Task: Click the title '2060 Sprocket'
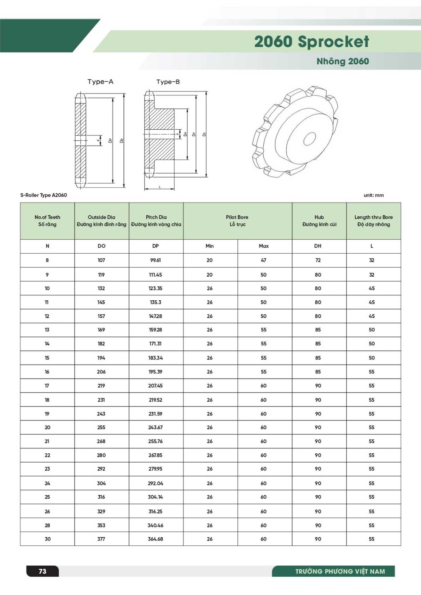coord(311,42)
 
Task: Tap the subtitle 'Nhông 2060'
coord(343,61)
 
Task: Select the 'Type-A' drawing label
coord(100,82)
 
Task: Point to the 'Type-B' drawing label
coord(168,82)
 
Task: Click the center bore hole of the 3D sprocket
coord(310,139)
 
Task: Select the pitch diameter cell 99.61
coord(156,260)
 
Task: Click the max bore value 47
coord(264,260)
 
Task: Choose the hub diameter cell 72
coord(318,260)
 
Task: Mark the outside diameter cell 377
coord(101,539)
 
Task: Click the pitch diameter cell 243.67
coord(156,428)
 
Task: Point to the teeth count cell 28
coord(47,525)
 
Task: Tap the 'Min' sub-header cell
coord(210,246)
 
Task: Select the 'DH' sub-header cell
coord(318,246)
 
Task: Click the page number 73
coord(42,571)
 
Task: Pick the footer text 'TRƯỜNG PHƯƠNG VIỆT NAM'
coord(340,571)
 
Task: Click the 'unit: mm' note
coord(374,195)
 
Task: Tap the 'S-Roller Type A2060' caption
coord(43,195)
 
